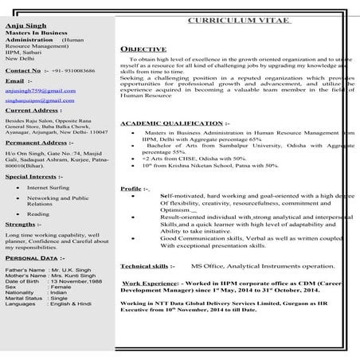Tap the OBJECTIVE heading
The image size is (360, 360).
click(143, 49)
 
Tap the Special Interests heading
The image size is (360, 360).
click(33, 176)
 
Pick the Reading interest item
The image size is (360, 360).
click(37, 214)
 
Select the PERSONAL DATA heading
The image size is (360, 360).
click(30, 258)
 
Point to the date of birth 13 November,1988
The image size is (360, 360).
click(80, 282)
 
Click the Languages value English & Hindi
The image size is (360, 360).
click(73, 305)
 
